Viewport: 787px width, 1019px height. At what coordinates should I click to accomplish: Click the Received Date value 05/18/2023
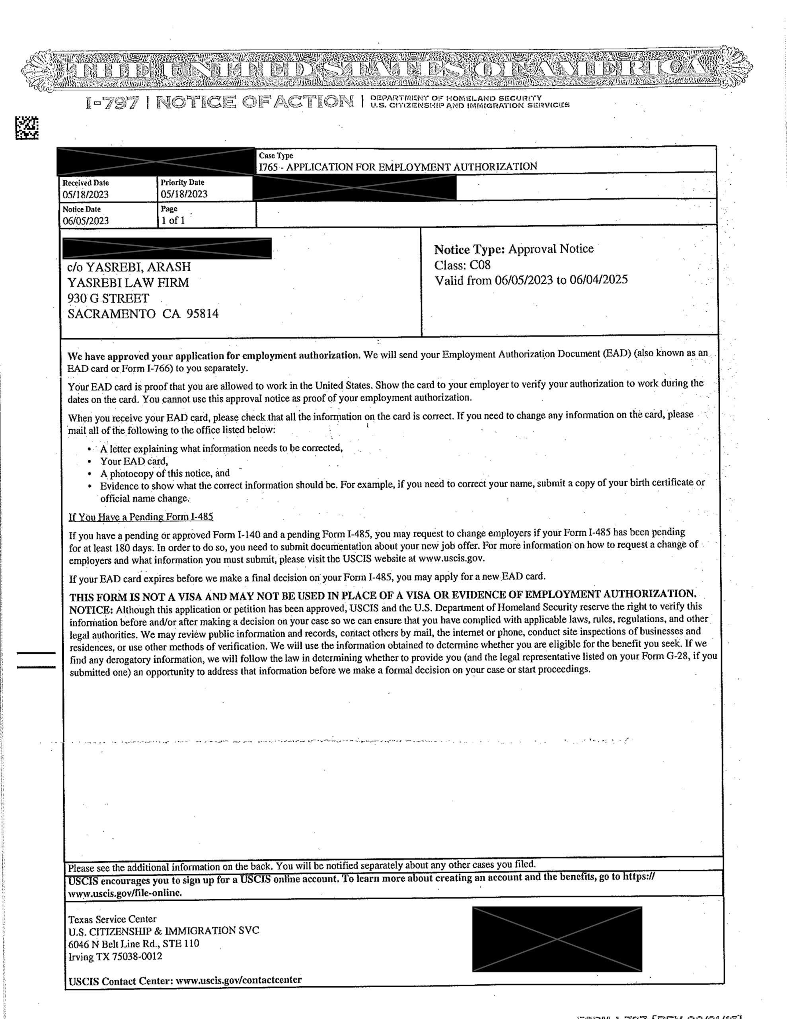86,195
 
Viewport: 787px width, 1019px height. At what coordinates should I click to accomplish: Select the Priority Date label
182,182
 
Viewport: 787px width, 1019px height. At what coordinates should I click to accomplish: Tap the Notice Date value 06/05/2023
86,221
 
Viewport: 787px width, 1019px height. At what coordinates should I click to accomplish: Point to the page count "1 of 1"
173,220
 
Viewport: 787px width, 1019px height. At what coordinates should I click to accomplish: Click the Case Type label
276,156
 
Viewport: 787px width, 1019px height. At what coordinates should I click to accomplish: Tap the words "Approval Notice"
551,249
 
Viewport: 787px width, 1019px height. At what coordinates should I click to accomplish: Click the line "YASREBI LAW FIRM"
128,282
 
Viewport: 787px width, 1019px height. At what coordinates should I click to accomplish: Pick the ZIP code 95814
203,314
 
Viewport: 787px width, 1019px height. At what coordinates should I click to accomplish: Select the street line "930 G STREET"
108,298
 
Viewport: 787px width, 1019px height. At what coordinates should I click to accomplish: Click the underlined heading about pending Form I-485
141,517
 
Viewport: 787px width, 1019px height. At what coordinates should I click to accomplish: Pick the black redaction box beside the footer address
557,939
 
